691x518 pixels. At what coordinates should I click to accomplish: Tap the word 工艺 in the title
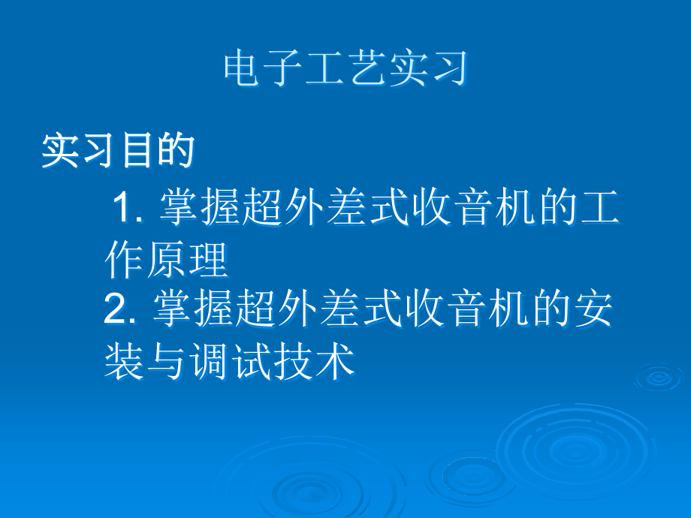point(346,70)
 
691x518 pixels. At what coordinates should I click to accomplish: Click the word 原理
point(187,261)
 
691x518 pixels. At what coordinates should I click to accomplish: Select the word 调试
point(229,362)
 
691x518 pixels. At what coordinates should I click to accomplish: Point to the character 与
point(166,362)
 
